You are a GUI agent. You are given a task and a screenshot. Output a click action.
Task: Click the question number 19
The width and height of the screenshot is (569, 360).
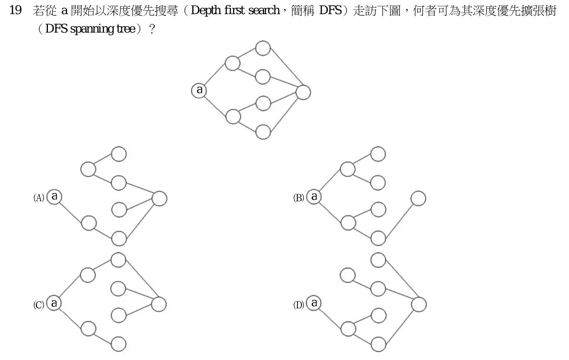tap(15, 11)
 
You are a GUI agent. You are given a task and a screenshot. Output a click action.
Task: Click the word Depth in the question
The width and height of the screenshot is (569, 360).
tap(206, 11)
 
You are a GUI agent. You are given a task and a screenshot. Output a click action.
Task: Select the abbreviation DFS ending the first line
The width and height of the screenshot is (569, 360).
tap(330, 11)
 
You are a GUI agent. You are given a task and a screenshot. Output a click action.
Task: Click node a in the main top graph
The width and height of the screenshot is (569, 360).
tap(199, 90)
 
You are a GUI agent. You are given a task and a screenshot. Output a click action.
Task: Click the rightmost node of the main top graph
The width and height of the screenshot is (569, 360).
tap(303, 92)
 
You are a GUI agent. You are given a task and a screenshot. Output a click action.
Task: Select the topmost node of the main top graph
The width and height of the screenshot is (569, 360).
tap(263, 48)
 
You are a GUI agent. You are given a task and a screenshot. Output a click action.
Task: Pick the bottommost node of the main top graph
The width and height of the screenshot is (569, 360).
tap(263, 132)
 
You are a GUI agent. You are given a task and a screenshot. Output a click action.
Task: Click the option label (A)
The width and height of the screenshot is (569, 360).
tap(38, 197)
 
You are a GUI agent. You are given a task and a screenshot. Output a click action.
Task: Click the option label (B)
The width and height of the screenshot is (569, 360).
tap(299, 197)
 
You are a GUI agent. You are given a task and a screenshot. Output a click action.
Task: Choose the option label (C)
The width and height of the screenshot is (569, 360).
tap(38, 305)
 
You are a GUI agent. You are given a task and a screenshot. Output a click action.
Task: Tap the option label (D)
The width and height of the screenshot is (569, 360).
tap(299, 305)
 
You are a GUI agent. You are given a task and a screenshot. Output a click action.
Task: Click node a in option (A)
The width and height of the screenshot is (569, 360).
tap(55, 197)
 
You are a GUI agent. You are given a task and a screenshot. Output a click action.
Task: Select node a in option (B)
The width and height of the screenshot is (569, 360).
tap(314, 197)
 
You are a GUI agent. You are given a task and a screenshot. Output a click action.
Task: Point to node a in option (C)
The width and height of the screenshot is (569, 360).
tap(54, 303)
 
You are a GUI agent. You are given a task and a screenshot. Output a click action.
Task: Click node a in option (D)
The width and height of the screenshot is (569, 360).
tap(314, 303)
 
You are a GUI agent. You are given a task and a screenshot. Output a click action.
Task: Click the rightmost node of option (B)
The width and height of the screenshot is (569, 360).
tap(418, 198)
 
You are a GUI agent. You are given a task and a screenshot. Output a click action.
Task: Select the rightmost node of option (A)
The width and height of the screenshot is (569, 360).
tap(160, 198)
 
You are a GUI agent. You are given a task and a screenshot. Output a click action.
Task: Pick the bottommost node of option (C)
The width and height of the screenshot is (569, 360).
tap(119, 344)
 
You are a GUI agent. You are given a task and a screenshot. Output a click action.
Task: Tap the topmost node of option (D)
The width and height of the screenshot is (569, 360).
tap(378, 260)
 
